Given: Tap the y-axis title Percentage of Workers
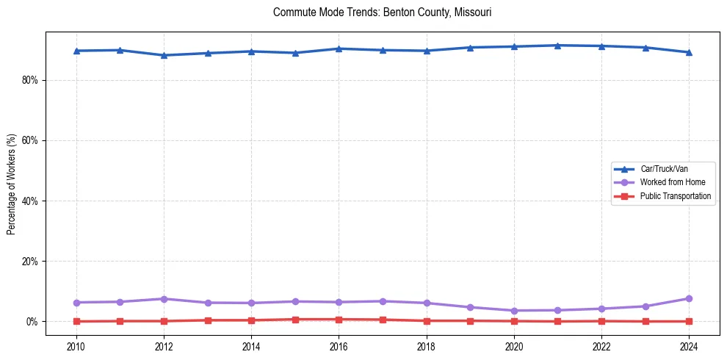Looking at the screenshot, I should pyautogui.click(x=11, y=184).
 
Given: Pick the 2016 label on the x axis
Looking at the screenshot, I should pyautogui.click(x=339, y=345).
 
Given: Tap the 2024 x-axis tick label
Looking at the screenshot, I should pyautogui.click(x=689, y=345).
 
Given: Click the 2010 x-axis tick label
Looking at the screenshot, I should pyautogui.click(x=76, y=345).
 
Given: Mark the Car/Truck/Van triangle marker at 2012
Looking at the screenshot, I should pyautogui.click(x=164, y=55).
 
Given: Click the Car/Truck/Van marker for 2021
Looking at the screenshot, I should pyautogui.click(x=557, y=46).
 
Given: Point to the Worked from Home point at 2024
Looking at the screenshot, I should pyautogui.click(x=689, y=298).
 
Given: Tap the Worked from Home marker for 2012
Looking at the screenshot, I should pyautogui.click(x=164, y=299).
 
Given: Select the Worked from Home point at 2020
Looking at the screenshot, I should pyautogui.click(x=514, y=311).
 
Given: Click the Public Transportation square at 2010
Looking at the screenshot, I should pyautogui.click(x=76, y=321).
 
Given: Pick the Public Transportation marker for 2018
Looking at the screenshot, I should pyautogui.click(x=427, y=320).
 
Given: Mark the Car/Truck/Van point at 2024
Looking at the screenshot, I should pyautogui.click(x=689, y=52).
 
